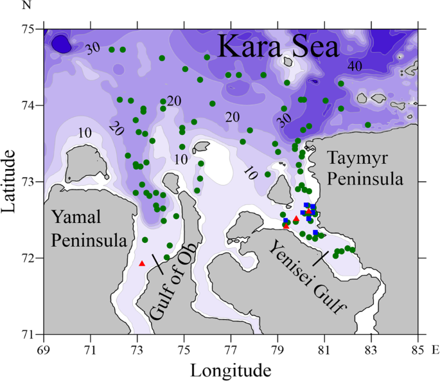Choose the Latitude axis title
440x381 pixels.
(11, 181)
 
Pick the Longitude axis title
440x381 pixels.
(230, 370)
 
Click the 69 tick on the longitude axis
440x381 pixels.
(44, 351)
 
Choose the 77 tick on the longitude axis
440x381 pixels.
(231, 351)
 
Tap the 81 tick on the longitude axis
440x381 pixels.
(324, 351)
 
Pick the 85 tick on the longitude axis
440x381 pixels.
(418, 351)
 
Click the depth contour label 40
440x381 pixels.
(355, 66)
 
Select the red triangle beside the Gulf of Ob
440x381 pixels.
(142, 263)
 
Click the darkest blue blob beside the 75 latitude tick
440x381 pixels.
(61, 44)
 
